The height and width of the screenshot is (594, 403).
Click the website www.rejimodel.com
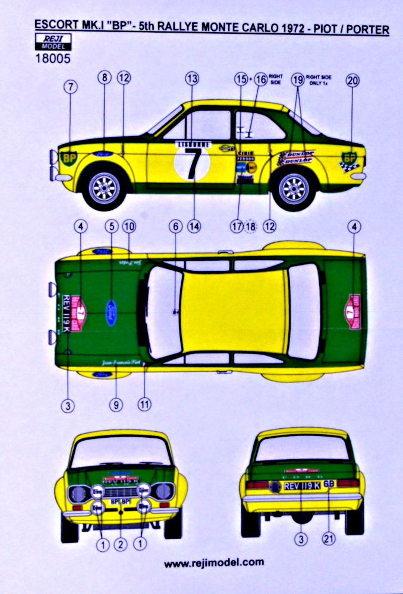pyautogui.click(x=214, y=563)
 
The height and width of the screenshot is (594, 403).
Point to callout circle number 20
pyautogui.click(x=352, y=83)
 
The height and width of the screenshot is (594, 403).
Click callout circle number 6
pyautogui.click(x=174, y=226)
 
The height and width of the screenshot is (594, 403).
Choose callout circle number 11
pyautogui.click(x=144, y=403)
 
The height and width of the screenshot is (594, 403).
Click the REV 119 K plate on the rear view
pyautogui.click(x=301, y=484)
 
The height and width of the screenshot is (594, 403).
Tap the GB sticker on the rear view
pyautogui.click(x=329, y=484)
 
